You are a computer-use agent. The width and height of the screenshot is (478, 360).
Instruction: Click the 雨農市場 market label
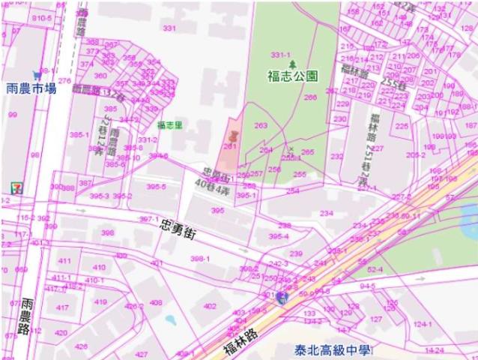coord(31,88)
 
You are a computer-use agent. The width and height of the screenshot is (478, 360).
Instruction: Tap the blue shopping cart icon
coord(35,75)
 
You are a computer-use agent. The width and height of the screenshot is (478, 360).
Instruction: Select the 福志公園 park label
coord(292,76)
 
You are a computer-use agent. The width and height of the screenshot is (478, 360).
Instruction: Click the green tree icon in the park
coord(293,63)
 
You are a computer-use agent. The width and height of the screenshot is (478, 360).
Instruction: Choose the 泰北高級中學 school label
coord(333,349)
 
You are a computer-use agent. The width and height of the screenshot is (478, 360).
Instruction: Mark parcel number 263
coord(261,126)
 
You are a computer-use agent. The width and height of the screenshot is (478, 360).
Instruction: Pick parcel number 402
coord(210,305)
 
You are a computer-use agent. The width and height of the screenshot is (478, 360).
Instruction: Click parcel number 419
coord(100,301)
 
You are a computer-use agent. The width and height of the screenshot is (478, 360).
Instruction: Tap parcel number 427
coord(141,353)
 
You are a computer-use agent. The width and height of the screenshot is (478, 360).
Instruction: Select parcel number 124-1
coord(423,324)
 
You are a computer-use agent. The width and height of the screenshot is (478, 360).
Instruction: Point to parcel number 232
coord(338,156)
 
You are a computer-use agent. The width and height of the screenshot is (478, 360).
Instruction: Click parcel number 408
coord(156,302)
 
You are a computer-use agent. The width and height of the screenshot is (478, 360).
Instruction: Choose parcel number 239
coord(296,254)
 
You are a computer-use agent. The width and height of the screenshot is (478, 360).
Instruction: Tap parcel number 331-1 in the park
coord(280,55)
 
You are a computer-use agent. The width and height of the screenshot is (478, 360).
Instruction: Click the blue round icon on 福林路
coord(282,297)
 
